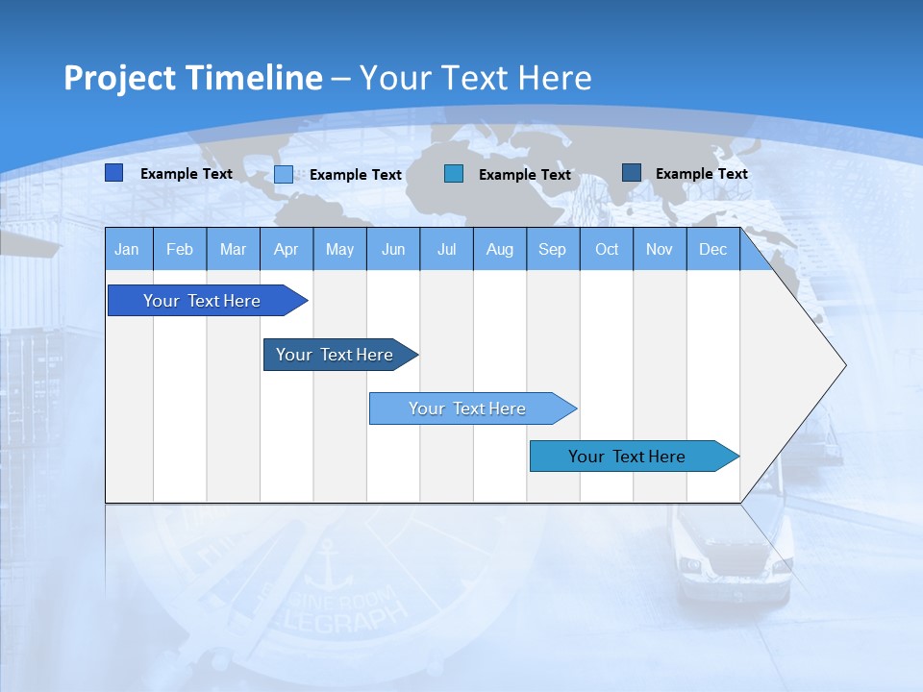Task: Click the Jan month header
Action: pyautogui.click(x=127, y=250)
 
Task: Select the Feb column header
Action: pyautogui.click(x=180, y=250)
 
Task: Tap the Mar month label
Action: pyautogui.click(x=233, y=250)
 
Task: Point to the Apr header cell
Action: pyautogui.click(x=286, y=250)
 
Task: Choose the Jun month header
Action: pyautogui.click(x=393, y=250)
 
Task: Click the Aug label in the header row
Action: pyautogui.click(x=499, y=250)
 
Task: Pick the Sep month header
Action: pyautogui.click(x=552, y=250)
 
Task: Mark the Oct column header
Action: pyautogui.click(x=607, y=250)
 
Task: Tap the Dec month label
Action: pyautogui.click(x=712, y=250)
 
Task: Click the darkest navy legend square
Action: pyautogui.click(x=632, y=173)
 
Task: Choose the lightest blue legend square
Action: pyautogui.click(x=284, y=174)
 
